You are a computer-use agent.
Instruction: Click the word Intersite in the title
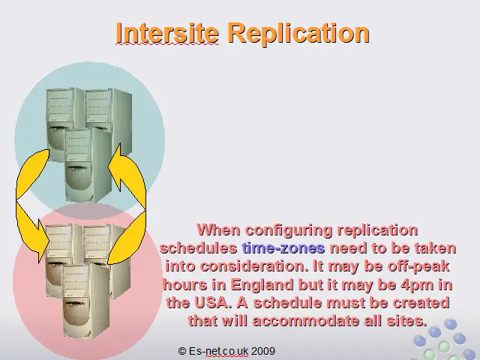(167, 33)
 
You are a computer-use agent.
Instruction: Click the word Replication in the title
(299, 34)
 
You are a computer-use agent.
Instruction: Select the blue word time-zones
(283, 248)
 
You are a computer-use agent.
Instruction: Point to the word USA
(212, 302)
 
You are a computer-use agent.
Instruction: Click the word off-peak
(418, 267)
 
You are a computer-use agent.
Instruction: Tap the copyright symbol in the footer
(181, 351)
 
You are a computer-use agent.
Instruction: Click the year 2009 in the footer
(263, 351)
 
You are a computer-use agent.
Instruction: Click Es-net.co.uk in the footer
(218, 351)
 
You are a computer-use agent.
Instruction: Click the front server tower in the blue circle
(87, 165)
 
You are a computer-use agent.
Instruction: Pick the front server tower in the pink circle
(85, 301)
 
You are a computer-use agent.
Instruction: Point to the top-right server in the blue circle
(108, 116)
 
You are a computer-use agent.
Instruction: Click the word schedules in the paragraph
(199, 248)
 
